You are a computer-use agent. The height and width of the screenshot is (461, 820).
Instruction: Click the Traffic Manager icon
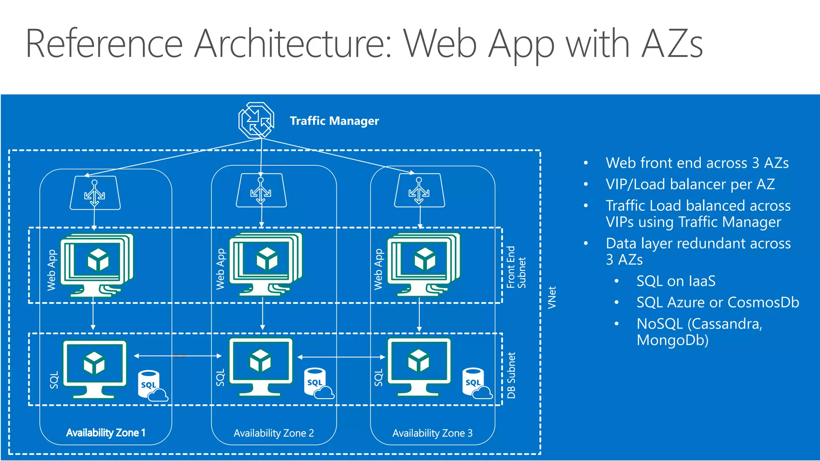256,120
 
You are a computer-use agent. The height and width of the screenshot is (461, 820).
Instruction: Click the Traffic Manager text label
334,121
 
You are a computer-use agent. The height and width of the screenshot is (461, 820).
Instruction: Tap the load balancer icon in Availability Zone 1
95,193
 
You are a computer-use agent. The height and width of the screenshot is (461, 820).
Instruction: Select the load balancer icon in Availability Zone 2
261,191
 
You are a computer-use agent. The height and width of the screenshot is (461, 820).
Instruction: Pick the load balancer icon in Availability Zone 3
419,191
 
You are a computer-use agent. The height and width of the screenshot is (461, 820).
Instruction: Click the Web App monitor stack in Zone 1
96,264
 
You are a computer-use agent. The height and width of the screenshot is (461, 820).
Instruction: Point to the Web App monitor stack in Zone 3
423,264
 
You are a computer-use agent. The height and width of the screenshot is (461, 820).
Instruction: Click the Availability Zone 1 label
106,433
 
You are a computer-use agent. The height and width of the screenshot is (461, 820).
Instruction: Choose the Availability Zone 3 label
432,433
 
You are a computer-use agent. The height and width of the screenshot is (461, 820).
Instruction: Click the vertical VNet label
552,297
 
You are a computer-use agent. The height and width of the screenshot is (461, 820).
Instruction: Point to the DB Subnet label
511,375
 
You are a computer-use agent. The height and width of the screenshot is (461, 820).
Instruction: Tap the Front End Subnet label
516,267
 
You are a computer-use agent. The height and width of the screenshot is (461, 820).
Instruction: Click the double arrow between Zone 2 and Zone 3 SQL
341,357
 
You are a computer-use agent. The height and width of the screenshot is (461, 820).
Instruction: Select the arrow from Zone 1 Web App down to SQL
93,314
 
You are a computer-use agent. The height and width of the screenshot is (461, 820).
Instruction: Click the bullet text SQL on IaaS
675,281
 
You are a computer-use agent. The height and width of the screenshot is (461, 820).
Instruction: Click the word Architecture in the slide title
292,44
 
